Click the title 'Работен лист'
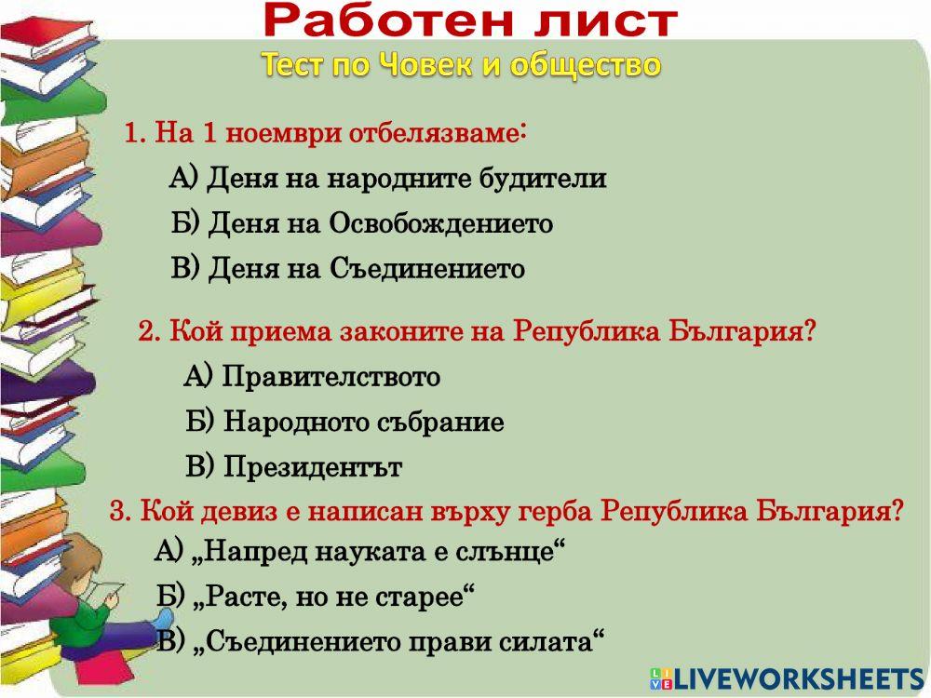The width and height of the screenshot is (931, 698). tap(470, 20)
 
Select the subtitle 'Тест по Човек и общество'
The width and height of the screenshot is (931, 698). tap(461, 64)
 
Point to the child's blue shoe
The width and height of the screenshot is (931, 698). tap(164, 619)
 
